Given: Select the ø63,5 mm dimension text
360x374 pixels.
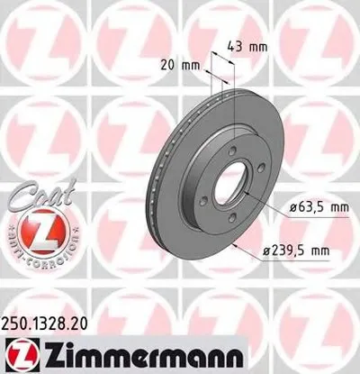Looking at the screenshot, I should (x=302, y=207).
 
